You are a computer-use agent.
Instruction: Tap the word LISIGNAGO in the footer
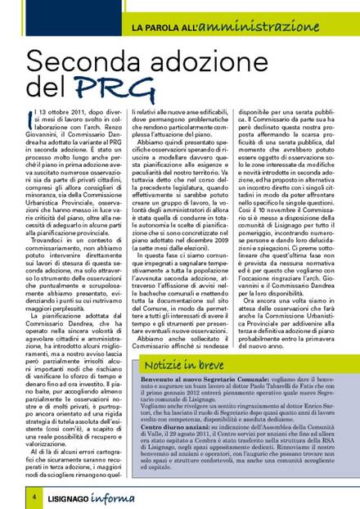click(59, 496)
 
